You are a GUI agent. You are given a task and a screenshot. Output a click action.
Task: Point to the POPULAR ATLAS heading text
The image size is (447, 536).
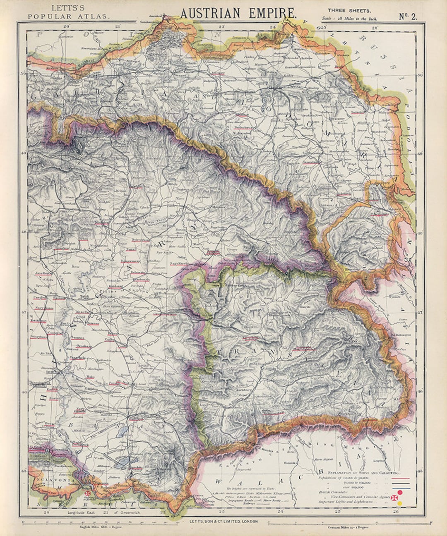click(x=69, y=17)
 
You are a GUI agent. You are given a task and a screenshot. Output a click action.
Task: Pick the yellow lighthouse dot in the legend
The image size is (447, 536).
click(x=399, y=503)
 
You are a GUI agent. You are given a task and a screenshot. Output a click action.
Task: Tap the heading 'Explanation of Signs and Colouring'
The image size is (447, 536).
click(x=363, y=472)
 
